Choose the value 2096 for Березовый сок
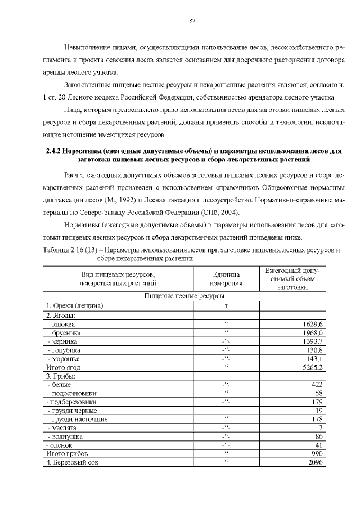pos(316,462)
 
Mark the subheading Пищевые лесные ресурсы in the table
pos(184,295)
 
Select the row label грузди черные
pos(69,411)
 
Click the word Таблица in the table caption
pos(55,249)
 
